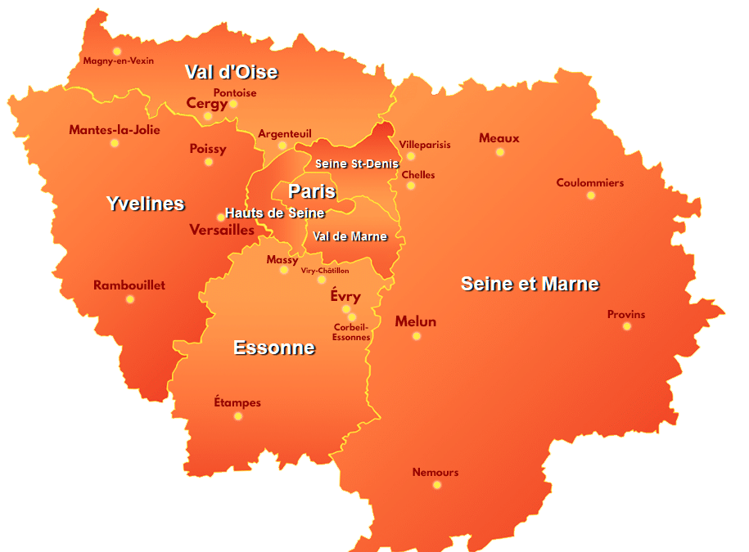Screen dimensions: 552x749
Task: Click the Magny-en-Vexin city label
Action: click(118, 61)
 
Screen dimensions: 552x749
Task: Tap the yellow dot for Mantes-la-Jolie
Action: click(115, 143)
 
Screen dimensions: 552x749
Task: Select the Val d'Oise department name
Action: click(231, 72)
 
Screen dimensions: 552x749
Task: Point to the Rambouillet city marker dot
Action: click(130, 299)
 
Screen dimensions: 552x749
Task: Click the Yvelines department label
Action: click(145, 204)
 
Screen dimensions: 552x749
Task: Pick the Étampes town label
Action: click(237, 402)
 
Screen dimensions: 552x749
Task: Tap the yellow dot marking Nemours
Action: click(437, 485)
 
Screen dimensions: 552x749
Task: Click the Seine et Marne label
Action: click(530, 284)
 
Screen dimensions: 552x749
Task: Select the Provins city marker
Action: click(627, 326)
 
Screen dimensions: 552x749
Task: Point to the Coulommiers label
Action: click(589, 182)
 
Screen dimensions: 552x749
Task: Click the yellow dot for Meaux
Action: click(500, 152)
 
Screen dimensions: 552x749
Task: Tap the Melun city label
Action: click(415, 321)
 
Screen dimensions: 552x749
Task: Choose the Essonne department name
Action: click(273, 348)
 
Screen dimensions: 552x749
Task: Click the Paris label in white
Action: click(312, 191)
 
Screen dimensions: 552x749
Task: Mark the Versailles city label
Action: click(222, 230)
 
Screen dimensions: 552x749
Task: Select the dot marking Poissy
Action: click(209, 162)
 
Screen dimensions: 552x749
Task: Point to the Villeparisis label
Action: click(425, 145)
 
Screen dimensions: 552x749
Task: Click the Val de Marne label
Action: click(350, 236)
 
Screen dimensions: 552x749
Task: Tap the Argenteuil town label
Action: click(285, 133)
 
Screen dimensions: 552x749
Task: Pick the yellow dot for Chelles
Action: click(411, 186)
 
